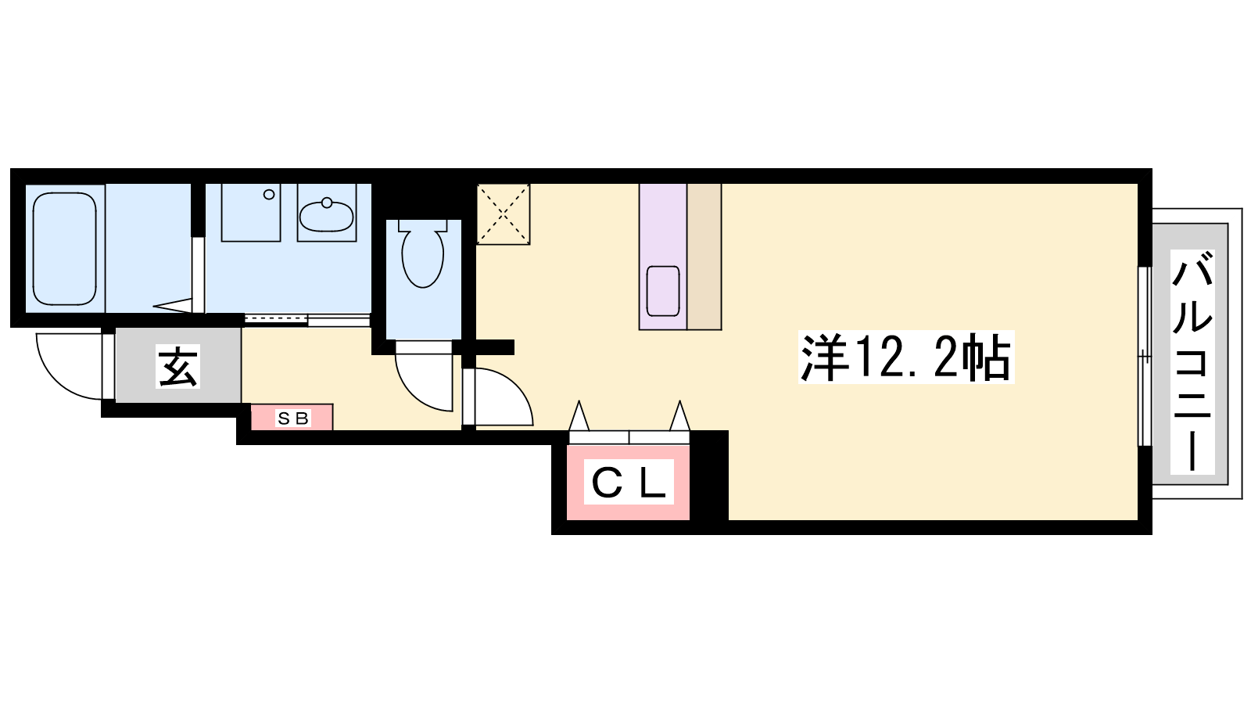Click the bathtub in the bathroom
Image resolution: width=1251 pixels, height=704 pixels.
65,249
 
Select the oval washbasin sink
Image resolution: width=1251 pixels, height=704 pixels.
326,216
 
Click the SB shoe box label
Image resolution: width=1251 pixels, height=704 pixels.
292,418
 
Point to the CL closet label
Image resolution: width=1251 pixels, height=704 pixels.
629,482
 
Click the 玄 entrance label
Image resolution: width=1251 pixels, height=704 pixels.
177,367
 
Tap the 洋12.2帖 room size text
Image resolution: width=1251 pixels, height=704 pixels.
906,357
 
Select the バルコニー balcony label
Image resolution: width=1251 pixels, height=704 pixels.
1192,362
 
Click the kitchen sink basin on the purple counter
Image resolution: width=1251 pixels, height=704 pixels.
663,291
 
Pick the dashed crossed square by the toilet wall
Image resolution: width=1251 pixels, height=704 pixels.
504,214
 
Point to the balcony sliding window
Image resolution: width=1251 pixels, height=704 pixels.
1145,357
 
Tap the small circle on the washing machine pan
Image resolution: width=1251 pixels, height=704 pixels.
269,195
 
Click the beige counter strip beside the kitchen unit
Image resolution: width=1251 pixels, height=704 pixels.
704,257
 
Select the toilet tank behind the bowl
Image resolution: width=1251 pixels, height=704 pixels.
423,225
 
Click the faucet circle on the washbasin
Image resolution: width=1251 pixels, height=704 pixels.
327,203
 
